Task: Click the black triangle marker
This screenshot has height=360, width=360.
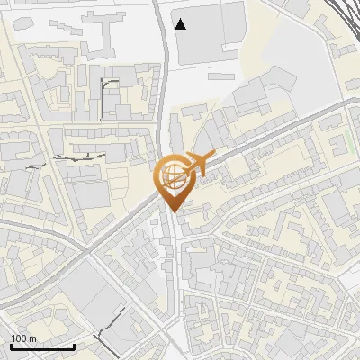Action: [x=181, y=24]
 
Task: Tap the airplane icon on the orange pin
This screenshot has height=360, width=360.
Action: [x=194, y=164]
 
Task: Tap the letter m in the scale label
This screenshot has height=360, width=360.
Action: [x=32, y=338]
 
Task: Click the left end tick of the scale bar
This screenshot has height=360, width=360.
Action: [x=11, y=346]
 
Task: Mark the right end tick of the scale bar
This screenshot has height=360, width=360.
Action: [x=74, y=346]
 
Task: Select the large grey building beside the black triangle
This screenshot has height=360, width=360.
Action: [x=211, y=32]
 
